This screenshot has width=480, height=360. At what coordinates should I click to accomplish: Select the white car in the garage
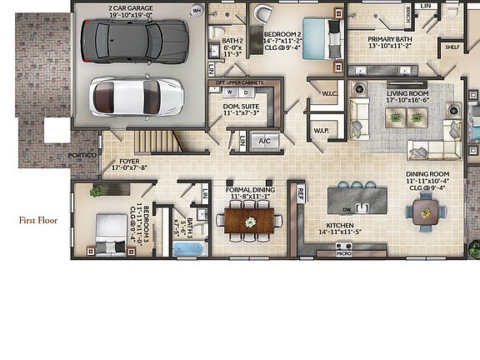(x=136, y=97)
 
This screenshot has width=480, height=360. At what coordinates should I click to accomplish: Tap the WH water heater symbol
(x=197, y=11)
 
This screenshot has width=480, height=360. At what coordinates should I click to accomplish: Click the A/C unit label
(x=265, y=141)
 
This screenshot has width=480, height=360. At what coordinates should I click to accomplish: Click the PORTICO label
(x=83, y=156)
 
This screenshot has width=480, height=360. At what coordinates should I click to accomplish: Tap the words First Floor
(x=39, y=221)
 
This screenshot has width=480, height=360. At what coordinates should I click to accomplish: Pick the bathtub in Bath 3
(x=187, y=248)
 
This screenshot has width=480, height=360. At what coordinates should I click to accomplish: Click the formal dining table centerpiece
(x=250, y=222)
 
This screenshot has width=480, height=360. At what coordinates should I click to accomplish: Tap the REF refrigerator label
(x=301, y=193)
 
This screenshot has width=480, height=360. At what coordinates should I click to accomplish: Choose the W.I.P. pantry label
(x=322, y=131)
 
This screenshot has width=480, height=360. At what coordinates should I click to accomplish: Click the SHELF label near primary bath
(x=452, y=47)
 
